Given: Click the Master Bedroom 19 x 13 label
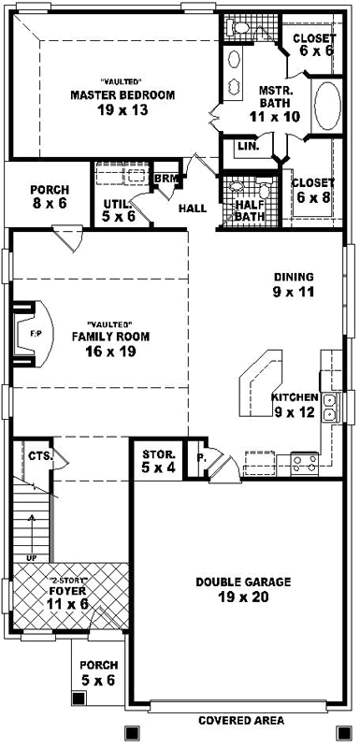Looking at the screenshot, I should (123, 102).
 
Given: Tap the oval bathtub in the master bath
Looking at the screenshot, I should (327, 107).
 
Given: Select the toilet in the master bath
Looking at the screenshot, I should (242, 31).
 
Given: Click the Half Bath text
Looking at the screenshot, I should (250, 210).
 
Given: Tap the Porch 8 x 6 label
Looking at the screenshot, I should (48, 195).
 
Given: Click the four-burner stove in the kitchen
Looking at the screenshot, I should (305, 459).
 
